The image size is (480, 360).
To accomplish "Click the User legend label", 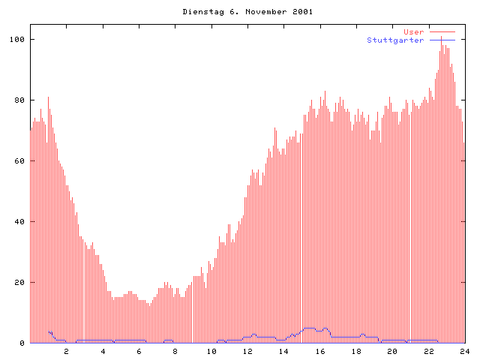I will tap(414, 32).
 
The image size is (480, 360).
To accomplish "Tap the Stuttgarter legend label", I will tap(395, 40).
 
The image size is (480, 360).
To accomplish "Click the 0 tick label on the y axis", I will tap(22, 343).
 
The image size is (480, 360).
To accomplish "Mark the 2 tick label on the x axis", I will tap(66, 351).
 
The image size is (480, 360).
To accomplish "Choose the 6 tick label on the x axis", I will tap(139, 351).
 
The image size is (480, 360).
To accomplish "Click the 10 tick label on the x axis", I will tap(211, 351).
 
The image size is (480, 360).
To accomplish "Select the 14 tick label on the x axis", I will tap(283, 351).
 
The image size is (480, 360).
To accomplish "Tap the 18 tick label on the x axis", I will tap(356, 351).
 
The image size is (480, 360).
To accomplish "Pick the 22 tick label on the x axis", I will tap(429, 351).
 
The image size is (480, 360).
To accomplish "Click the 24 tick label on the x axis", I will tap(464, 351).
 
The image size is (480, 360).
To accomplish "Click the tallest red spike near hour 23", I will tap(442, 37).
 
